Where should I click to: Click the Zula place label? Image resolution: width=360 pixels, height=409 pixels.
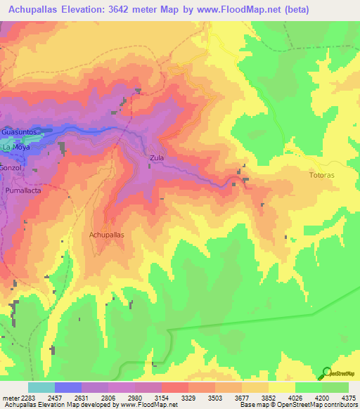click(x=156, y=158)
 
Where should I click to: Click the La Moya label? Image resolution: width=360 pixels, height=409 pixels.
click(x=16, y=149)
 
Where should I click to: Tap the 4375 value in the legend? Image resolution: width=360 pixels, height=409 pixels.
click(x=348, y=398)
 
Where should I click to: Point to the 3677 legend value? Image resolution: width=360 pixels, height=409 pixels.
click(x=240, y=398)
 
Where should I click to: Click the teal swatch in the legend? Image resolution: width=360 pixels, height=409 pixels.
click(x=41, y=387)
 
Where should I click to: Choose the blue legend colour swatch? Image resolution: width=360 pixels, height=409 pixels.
click(x=67, y=387)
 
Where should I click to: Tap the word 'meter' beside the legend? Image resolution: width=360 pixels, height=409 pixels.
click(x=8, y=398)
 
